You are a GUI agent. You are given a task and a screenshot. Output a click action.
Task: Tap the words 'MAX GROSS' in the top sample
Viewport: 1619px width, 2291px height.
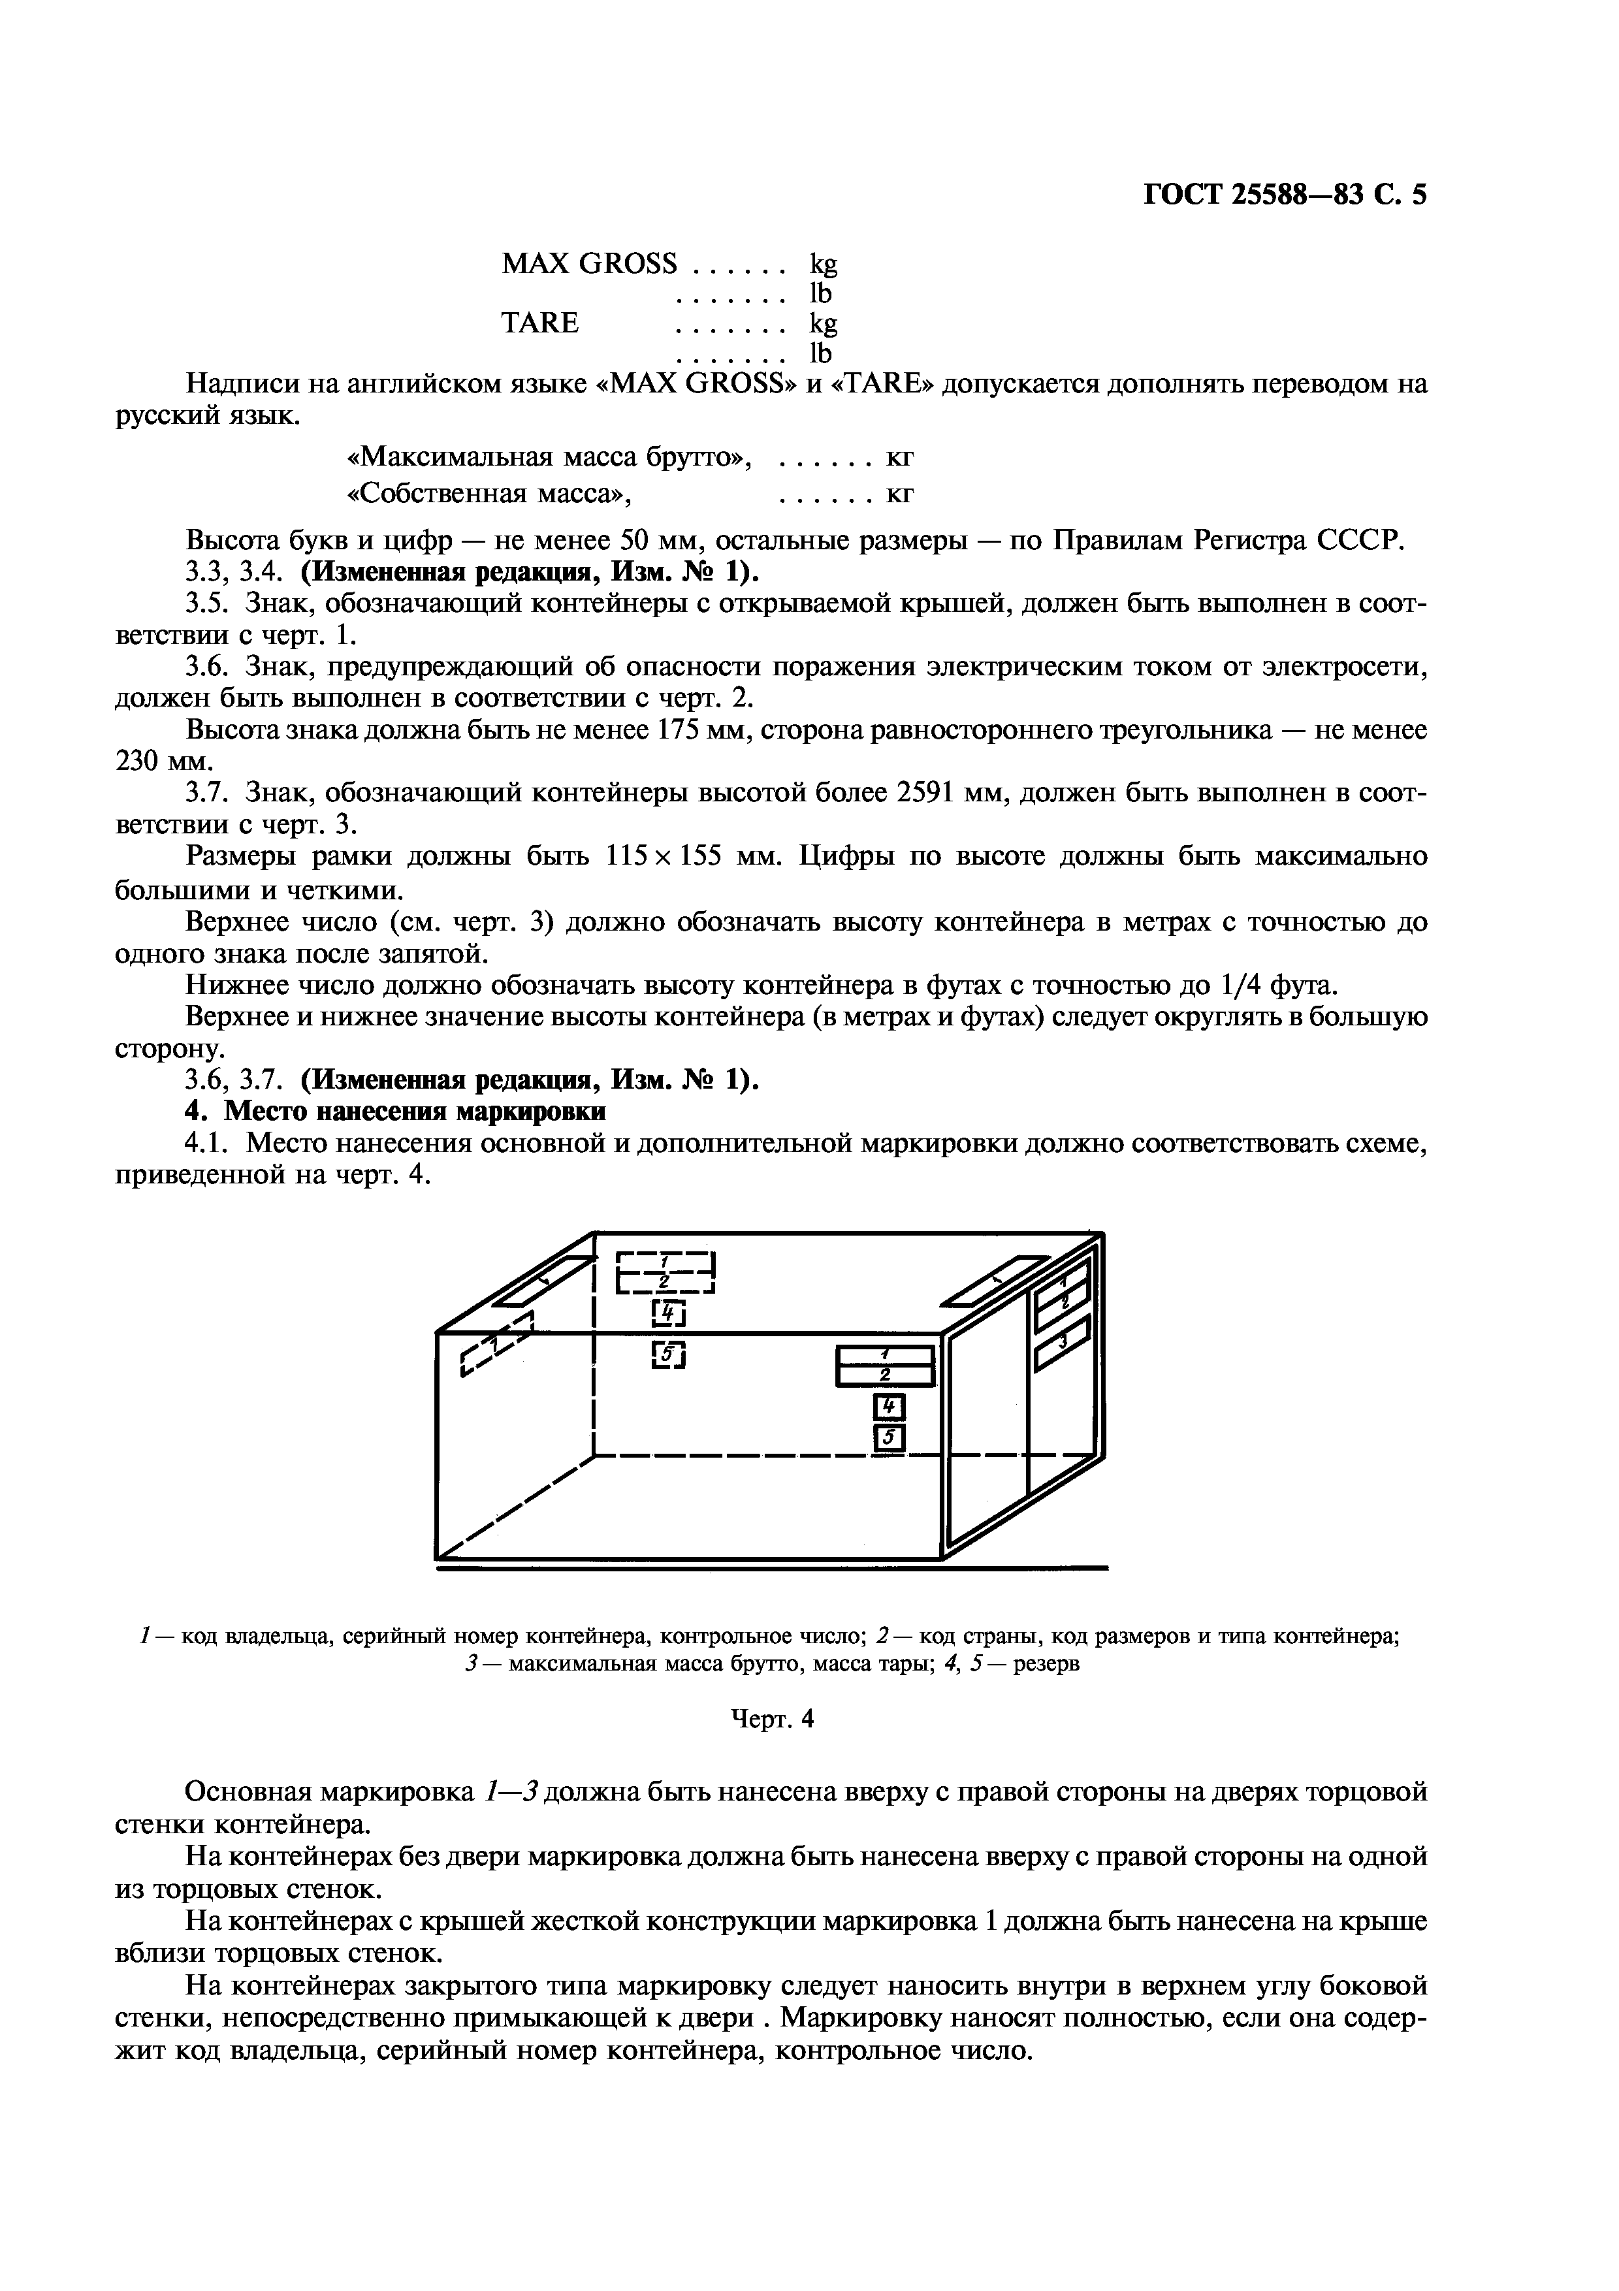[x=588, y=263]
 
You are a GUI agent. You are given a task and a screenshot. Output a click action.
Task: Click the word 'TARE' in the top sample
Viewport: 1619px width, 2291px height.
[x=539, y=323]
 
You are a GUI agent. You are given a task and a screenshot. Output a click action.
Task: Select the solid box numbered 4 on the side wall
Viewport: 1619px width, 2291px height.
[x=888, y=1408]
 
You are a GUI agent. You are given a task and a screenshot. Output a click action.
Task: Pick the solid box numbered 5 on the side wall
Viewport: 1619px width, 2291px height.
[x=888, y=1438]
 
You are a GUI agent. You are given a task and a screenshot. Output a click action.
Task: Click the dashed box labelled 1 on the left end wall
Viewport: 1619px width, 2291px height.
[x=499, y=1343]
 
